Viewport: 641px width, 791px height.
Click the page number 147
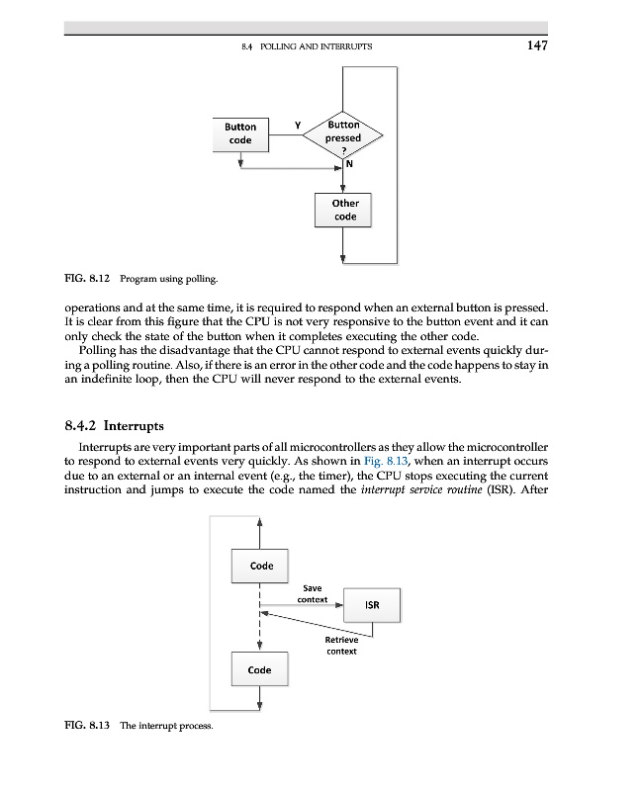[536, 44]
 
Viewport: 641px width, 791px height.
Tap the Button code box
[239, 133]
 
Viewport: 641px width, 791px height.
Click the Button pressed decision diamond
[344, 137]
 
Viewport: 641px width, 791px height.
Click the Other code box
[345, 210]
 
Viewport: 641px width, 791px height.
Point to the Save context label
[313, 594]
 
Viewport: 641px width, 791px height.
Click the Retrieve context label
[341, 645]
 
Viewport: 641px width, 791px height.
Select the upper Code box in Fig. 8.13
[260, 566]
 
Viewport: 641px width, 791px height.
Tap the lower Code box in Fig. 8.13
[260, 670]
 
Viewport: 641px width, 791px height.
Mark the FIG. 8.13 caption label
[86, 726]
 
